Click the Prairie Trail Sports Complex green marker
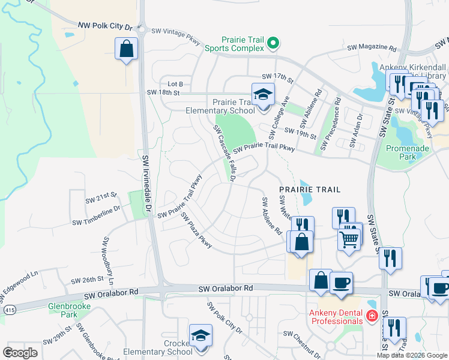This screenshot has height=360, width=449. [274, 42]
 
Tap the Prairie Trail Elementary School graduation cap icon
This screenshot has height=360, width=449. [262, 95]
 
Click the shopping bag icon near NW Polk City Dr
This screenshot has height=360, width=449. [127, 49]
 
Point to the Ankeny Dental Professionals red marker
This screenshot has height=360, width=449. [372, 316]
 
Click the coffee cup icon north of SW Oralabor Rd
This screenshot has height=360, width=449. [341, 283]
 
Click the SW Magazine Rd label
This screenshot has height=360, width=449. [373, 48]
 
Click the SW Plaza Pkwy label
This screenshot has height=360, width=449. [196, 230]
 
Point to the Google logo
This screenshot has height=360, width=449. [20, 353]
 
